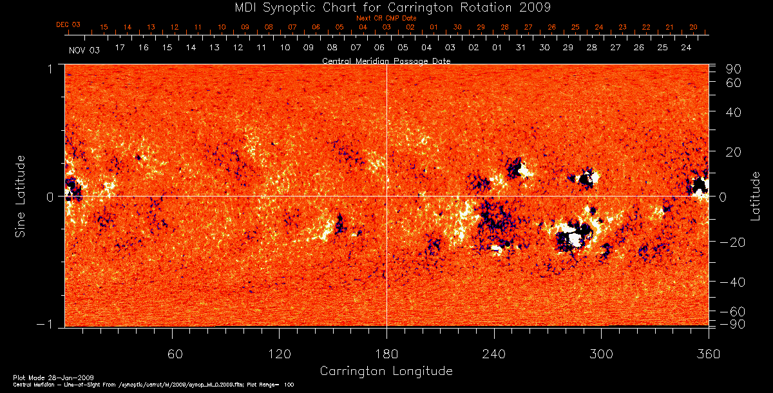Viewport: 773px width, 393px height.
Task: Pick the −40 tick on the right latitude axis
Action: tap(734, 282)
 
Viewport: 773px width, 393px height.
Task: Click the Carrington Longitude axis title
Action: tap(386, 371)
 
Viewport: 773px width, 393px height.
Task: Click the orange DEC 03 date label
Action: tap(68, 24)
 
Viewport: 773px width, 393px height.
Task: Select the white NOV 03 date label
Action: tap(84, 50)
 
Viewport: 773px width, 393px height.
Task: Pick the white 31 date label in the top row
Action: tap(520, 48)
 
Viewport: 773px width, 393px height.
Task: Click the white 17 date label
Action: tap(120, 48)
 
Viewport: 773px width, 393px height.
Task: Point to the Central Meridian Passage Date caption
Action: tap(386, 61)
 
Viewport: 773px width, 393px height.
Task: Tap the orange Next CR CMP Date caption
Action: tap(386, 18)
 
